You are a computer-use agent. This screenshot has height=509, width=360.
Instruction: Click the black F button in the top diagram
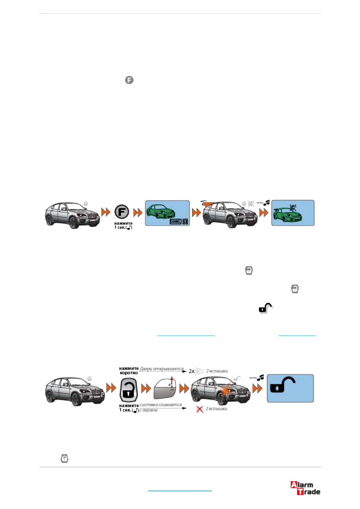click(x=122, y=212)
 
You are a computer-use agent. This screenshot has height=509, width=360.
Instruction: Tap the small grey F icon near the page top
click(x=129, y=80)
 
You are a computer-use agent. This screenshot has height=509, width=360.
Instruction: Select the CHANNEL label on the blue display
click(x=175, y=222)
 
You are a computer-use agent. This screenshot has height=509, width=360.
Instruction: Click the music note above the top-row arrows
click(x=266, y=203)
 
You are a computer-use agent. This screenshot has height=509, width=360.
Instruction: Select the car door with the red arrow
click(x=165, y=389)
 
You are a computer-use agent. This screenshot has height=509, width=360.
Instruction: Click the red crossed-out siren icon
click(x=199, y=409)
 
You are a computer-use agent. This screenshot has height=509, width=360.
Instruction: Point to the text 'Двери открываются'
click(x=162, y=369)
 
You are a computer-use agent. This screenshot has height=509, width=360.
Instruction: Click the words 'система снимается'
click(x=161, y=405)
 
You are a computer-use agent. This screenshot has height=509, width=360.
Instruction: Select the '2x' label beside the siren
click(x=191, y=371)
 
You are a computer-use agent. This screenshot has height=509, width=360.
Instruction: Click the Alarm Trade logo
click(x=305, y=488)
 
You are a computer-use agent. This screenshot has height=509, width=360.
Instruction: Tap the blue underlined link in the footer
click(x=180, y=490)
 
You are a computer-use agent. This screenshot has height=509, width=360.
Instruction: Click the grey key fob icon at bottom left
click(x=64, y=459)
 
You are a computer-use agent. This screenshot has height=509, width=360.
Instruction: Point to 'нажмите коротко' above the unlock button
click(x=129, y=371)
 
